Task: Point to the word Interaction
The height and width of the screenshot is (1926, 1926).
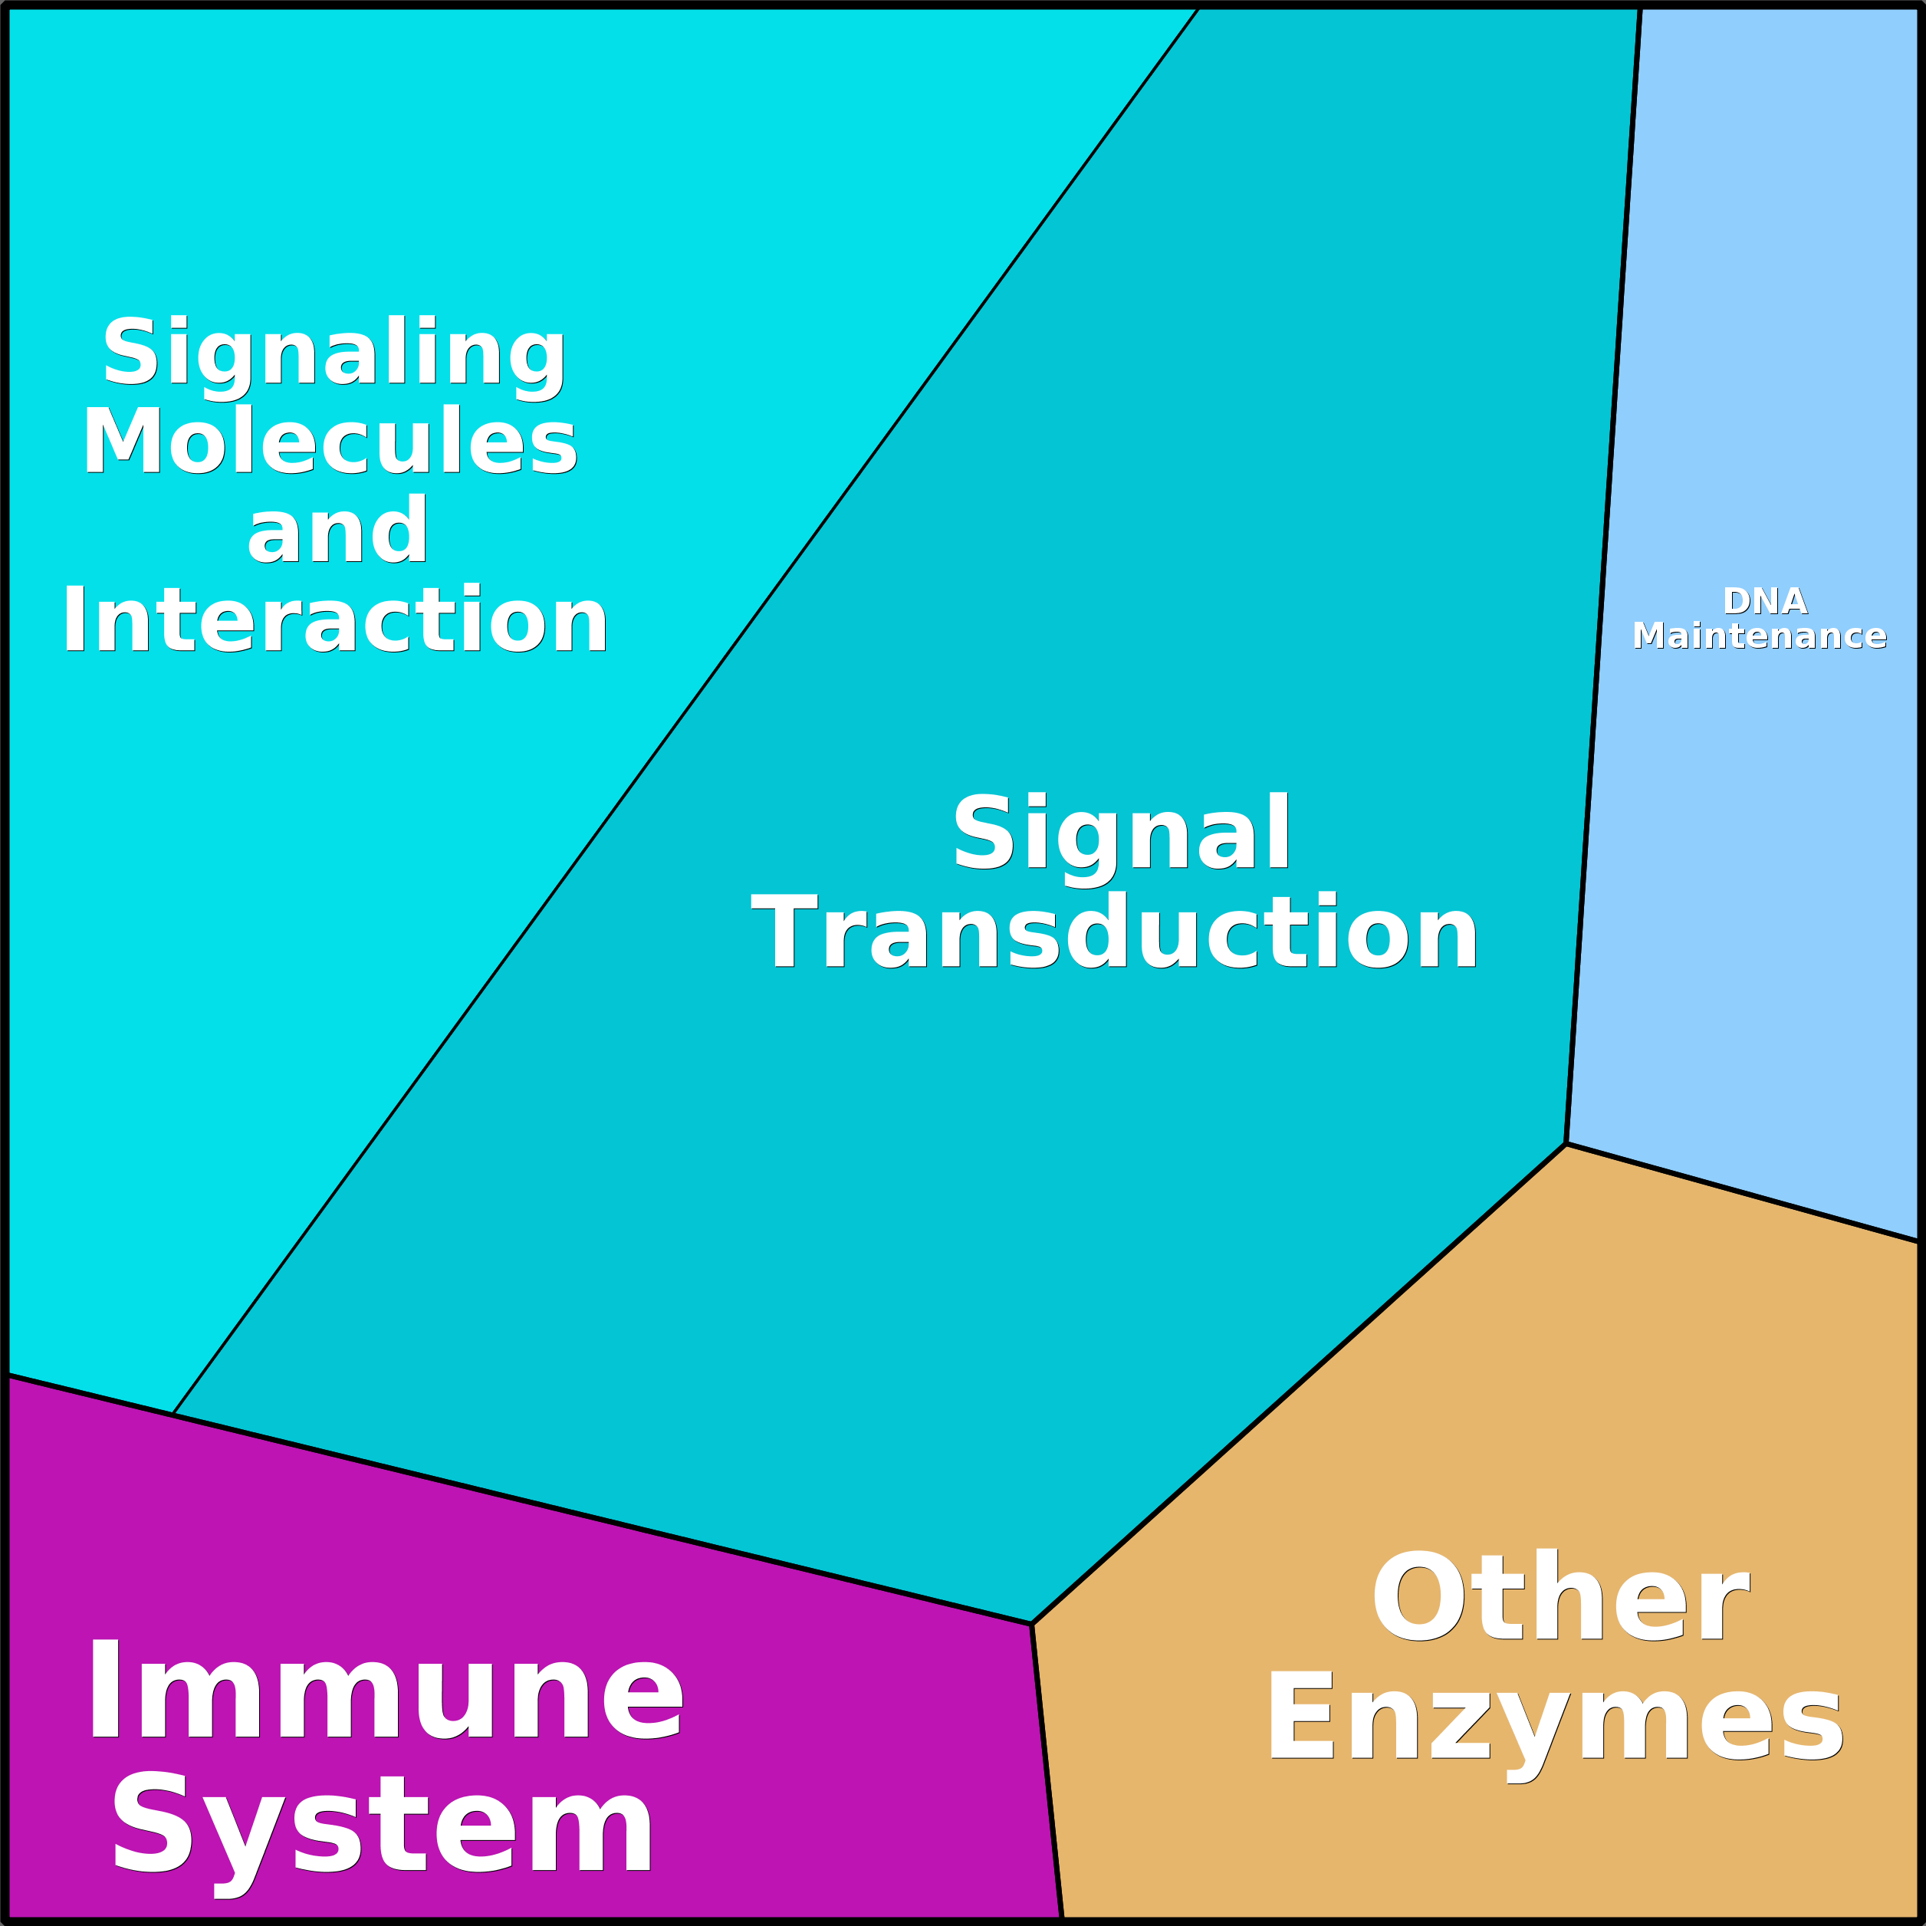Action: [x=335, y=620]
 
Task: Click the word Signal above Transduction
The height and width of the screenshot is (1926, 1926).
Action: [x=1122, y=833]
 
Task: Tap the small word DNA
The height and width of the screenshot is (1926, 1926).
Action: [x=1764, y=601]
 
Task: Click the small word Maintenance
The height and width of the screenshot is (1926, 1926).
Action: [x=1760, y=636]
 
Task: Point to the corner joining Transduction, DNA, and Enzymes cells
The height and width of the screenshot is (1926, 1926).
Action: [x=1566, y=1143]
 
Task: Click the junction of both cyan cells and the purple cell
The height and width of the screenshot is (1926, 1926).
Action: [x=173, y=1414]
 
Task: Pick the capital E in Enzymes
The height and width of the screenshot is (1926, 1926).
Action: [x=1302, y=1717]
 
